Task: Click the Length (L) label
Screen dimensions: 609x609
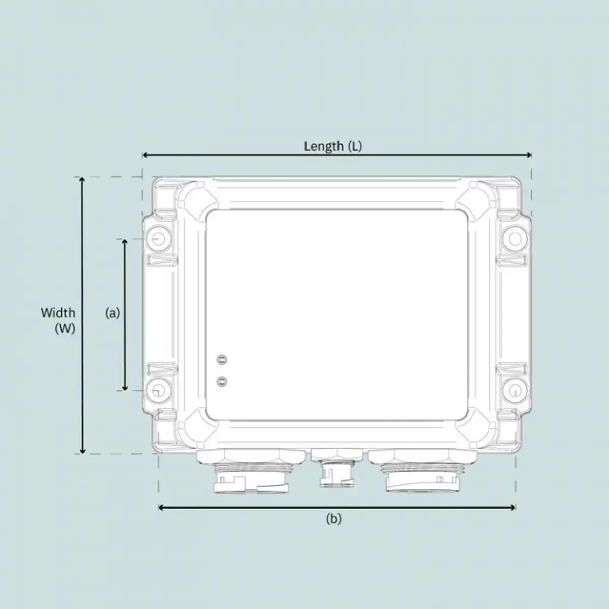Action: [333, 146]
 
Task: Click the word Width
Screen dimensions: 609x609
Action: [58, 313]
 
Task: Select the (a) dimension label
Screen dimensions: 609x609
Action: [112, 313]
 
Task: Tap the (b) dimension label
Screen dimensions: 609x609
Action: [333, 519]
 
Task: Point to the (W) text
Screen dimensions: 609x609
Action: [65, 328]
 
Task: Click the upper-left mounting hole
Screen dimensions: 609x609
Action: [157, 239]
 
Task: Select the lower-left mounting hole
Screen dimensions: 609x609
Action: [157, 390]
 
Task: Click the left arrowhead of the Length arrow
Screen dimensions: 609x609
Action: [145, 155]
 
